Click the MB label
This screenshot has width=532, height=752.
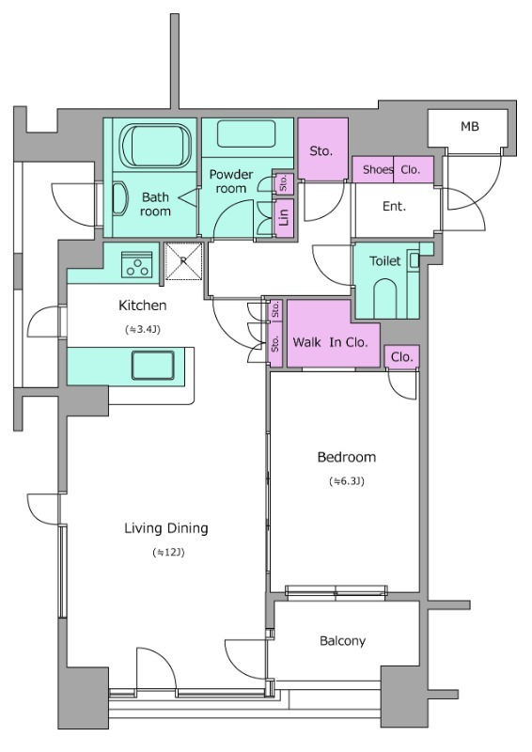(x=470, y=127)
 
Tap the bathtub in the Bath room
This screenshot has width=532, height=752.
(x=155, y=146)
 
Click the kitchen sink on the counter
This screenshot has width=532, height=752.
(x=153, y=366)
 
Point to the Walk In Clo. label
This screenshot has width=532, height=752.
(x=330, y=342)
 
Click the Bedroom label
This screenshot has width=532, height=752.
(x=346, y=457)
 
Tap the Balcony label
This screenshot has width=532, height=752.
(x=342, y=641)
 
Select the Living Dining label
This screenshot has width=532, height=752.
(x=166, y=528)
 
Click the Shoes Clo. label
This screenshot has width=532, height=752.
(x=391, y=169)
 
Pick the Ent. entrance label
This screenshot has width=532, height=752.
(x=395, y=206)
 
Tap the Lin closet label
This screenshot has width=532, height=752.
(x=284, y=218)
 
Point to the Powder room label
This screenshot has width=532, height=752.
(x=230, y=181)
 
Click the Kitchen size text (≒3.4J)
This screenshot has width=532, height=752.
(x=143, y=330)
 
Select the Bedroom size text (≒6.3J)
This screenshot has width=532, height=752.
(x=346, y=481)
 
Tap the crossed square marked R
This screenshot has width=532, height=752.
(x=183, y=261)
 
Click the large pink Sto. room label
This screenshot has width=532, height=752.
(x=321, y=151)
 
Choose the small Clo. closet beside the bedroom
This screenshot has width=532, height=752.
(x=402, y=357)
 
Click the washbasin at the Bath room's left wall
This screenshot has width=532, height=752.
(x=119, y=199)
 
